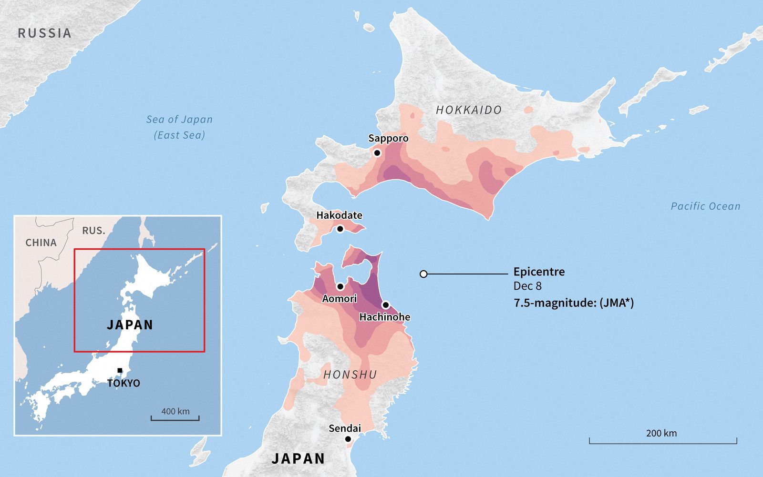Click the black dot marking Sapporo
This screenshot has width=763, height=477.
(377, 153)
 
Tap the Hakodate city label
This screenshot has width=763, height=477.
(339, 215)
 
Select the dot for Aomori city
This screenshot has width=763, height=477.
(340, 286)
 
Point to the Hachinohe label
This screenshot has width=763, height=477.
(384, 317)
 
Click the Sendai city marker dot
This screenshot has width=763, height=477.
(348, 439)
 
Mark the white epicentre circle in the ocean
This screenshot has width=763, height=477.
(423, 274)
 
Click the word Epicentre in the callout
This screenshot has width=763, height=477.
(539, 272)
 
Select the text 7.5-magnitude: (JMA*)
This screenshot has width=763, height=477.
(574, 303)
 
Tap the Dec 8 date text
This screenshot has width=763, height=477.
(527, 286)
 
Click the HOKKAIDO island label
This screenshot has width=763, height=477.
(469, 110)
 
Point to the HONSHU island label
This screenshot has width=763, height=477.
(350, 375)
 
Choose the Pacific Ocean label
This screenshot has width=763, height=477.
(705, 206)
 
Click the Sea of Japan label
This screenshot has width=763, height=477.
(179, 120)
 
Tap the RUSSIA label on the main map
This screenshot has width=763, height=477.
(44, 33)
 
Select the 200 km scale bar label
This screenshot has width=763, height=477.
(661, 433)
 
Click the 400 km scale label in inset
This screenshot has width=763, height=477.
(175, 411)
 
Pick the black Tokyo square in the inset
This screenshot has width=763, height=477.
(120, 370)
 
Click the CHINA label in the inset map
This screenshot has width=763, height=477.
(41, 243)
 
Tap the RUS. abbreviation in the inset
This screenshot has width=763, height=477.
(93, 231)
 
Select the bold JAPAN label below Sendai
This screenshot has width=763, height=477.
(299, 458)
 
